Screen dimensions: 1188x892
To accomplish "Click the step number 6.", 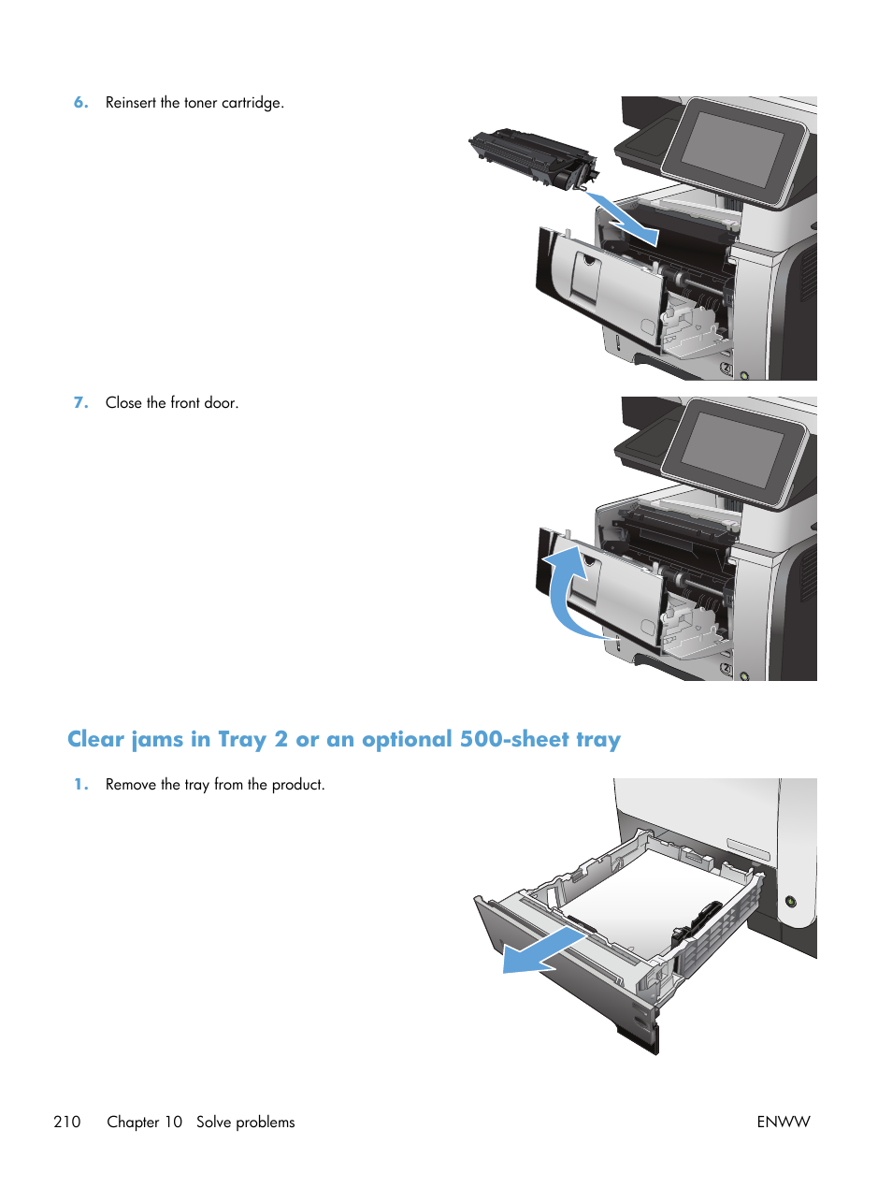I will pyautogui.click(x=81, y=103).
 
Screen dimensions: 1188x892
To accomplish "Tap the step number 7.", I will pyautogui.click(x=81, y=403).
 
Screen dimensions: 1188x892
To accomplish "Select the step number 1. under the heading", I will pyautogui.click(x=81, y=785).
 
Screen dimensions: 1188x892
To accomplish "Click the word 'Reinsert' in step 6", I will pyautogui.click(x=131, y=103).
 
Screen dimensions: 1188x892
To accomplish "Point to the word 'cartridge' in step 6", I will pyautogui.click(x=251, y=103).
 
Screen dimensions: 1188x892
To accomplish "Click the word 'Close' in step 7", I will pyautogui.click(x=123, y=403).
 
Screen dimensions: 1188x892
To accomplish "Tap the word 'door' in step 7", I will pyautogui.click(x=220, y=403).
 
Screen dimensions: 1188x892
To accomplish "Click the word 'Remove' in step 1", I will pyautogui.click(x=130, y=785).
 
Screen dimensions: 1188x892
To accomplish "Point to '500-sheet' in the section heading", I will pyautogui.click(x=514, y=740).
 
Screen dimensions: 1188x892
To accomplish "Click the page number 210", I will pyautogui.click(x=67, y=1122).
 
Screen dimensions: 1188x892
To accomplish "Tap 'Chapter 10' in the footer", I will pyautogui.click(x=145, y=1122).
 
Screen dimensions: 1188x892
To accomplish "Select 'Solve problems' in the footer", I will pyautogui.click(x=245, y=1122).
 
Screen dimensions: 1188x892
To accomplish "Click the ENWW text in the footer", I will pyautogui.click(x=783, y=1122).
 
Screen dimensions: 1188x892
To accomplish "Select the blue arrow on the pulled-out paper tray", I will pyautogui.click(x=541, y=951).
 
